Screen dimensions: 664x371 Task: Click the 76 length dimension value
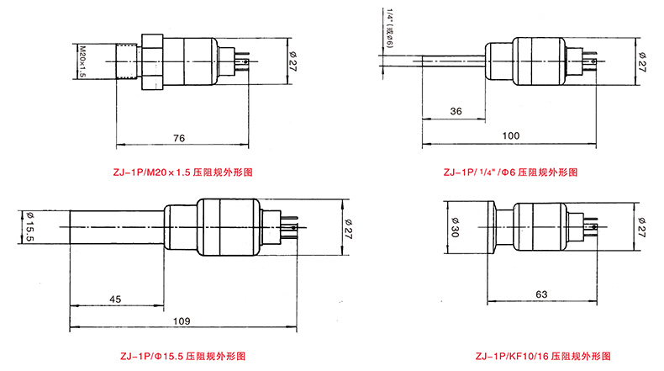tap(179, 138)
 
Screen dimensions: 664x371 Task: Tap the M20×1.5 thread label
tap(82, 61)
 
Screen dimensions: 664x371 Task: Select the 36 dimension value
tap(456, 111)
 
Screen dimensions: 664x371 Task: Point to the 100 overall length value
tap(511, 135)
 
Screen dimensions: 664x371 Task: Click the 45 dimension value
tap(115, 299)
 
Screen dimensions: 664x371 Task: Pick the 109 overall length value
tap(182, 321)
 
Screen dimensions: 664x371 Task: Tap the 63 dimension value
tap(541, 294)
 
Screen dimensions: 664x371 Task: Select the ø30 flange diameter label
tap(455, 227)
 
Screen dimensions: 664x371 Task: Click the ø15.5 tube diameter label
tap(30, 227)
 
